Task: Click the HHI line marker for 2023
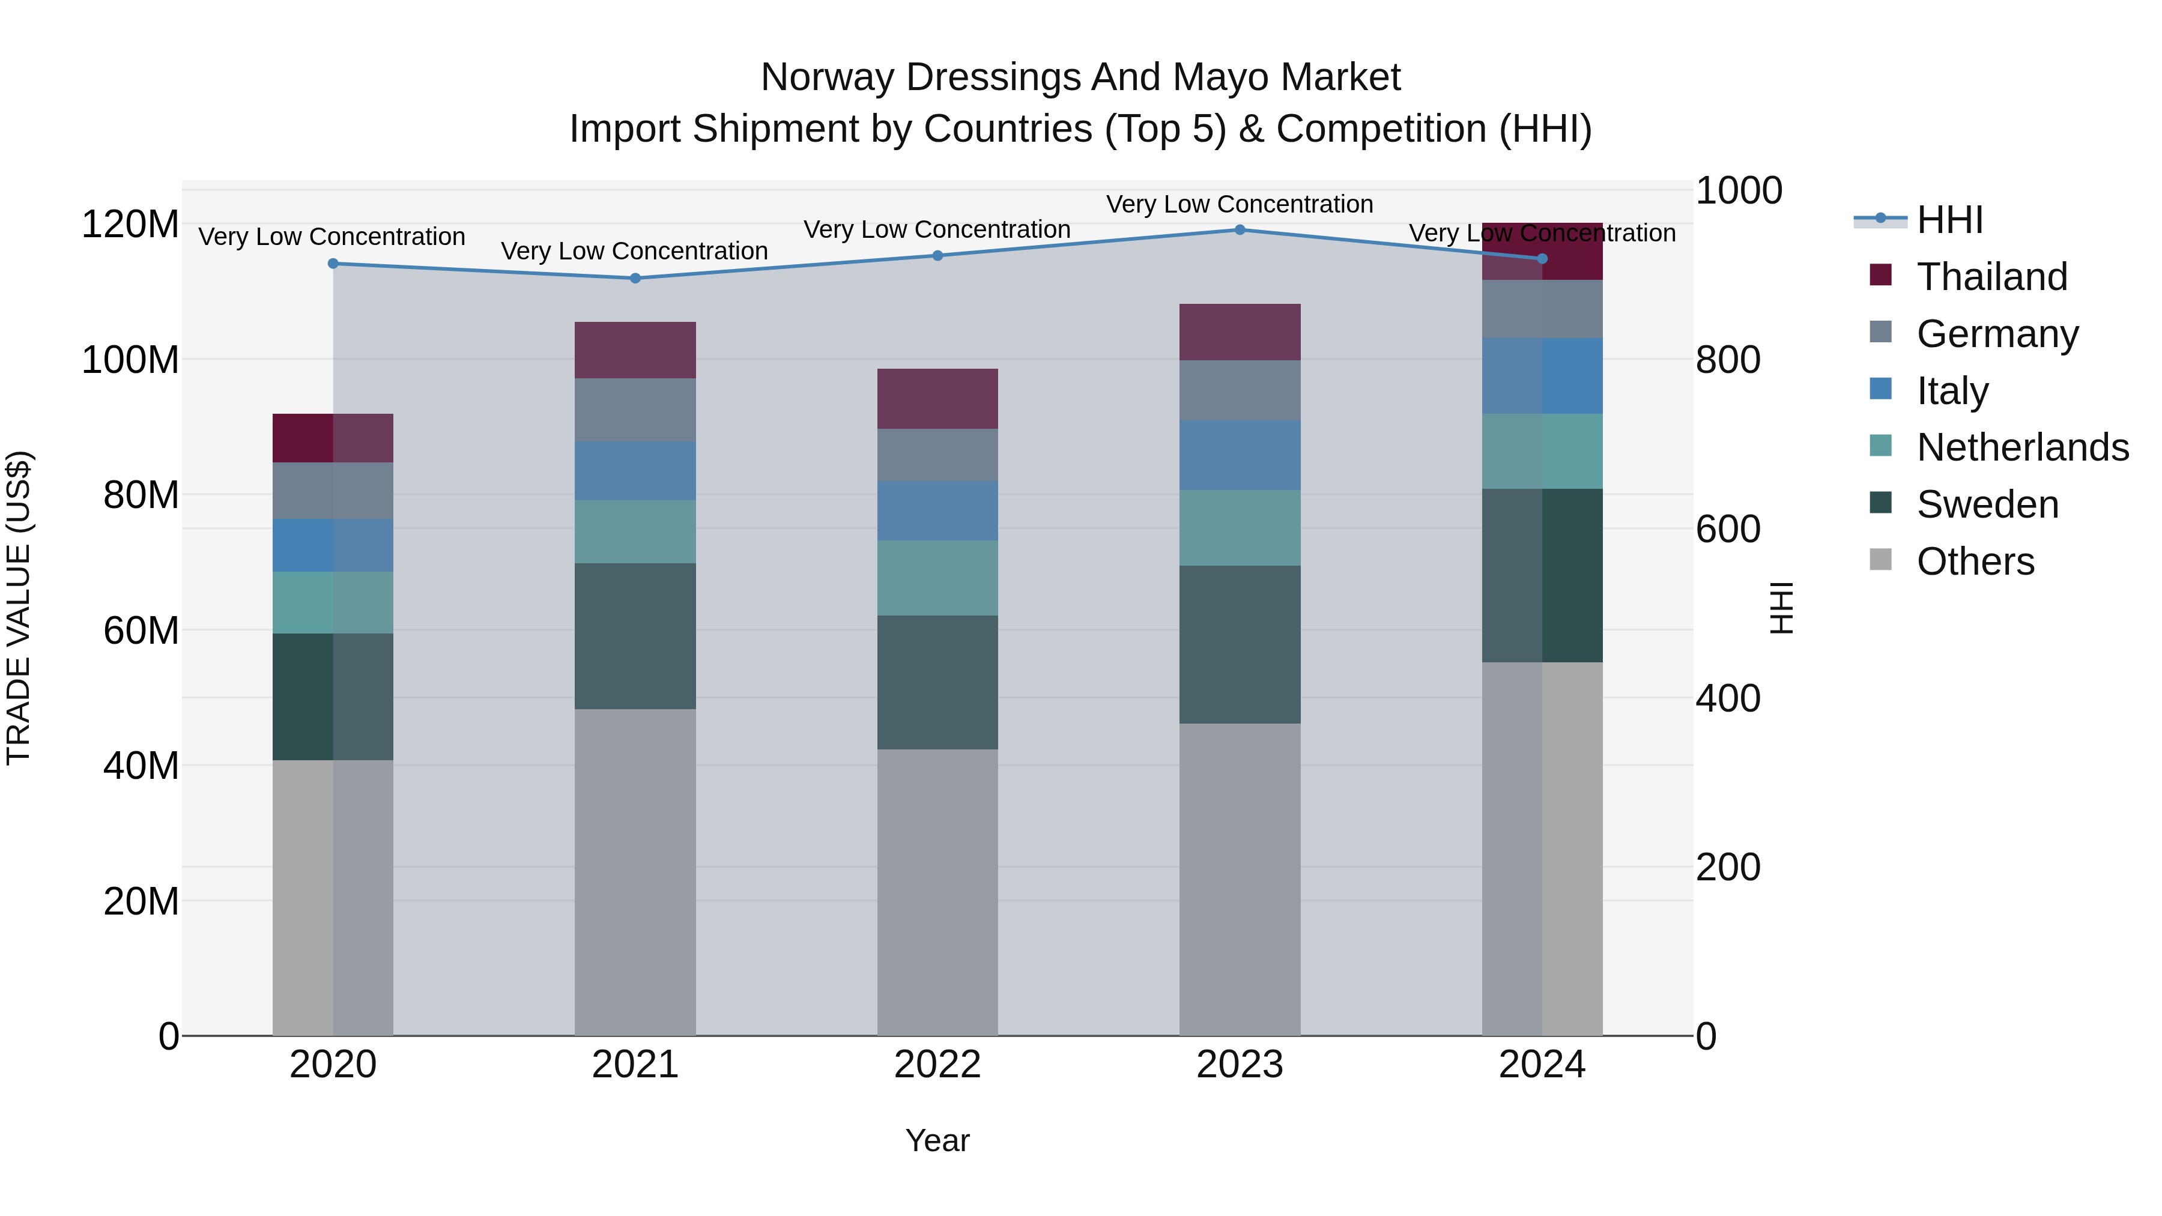[1240, 230]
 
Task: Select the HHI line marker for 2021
[635, 279]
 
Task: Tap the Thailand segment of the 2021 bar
[635, 350]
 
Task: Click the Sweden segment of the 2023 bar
[1240, 644]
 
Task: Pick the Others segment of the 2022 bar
[937, 892]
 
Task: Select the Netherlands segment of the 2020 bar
[333, 602]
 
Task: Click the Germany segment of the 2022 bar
[937, 455]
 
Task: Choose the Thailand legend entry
[1991, 277]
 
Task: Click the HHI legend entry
[1949, 220]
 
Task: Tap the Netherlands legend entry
[2022, 447]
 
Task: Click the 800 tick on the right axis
[1727, 360]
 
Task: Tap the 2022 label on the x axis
[937, 1065]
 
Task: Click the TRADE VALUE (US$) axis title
[19, 608]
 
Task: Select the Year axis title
[937, 1140]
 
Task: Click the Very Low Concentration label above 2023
[1240, 205]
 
